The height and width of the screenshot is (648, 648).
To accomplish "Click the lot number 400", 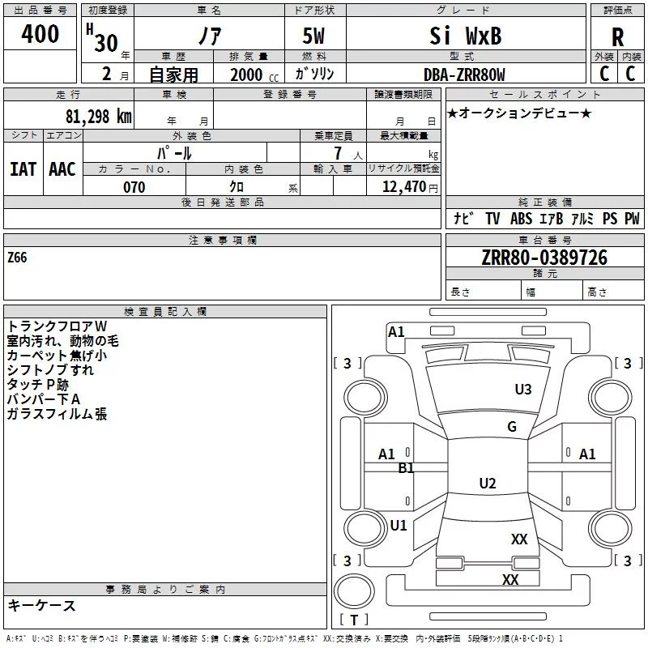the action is pyautogui.click(x=40, y=33).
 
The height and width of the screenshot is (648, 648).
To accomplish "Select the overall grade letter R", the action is pyautogui.click(x=617, y=37).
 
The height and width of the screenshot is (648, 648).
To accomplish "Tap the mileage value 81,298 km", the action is pyautogui.click(x=99, y=117).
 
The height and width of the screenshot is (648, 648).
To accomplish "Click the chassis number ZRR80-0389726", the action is pyautogui.click(x=544, y=258).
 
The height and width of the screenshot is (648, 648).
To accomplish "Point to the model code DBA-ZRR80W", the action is pyautogui.click(x=464, y=75).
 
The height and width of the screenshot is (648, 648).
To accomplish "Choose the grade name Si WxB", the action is pyautogui.click(x=465, y=36).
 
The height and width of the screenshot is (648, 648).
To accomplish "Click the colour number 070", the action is pyautogui.click(x=134, y=187).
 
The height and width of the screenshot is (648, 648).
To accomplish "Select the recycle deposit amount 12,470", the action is pyautogui.click(x=403, y=187).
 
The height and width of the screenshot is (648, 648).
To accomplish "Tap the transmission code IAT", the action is pyautogui.click(x=23, y=169).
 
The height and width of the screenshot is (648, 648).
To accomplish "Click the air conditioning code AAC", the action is pyautogui.click(x=62, y=169).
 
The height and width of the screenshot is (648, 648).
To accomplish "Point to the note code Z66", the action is pyautogui.click(x=17, y=258).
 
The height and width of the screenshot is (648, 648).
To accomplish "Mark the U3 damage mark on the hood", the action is pyautogui.click(x=522, y=389).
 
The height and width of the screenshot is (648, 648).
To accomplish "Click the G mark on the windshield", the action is pyautogui.click(x=512, y=426).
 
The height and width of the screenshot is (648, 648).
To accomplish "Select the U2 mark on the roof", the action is pyautogui.click(x=488, y=483).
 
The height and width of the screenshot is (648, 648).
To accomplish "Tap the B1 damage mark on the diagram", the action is pyautogui.click(x=406, y=468).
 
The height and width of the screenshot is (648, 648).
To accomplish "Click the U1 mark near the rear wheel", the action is pyautogui.click(x=399, y=525).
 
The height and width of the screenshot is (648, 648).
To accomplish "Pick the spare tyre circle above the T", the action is pyautogui.click(x=354, y=591).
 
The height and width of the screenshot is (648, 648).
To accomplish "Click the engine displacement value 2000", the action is pyautogui.click(x=246, y=75).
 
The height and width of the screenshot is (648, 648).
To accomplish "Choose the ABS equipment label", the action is pyautogui.click(x=521, y=219).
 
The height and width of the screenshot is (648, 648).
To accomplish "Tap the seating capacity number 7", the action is pyautogui.click(x=338, y=153).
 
